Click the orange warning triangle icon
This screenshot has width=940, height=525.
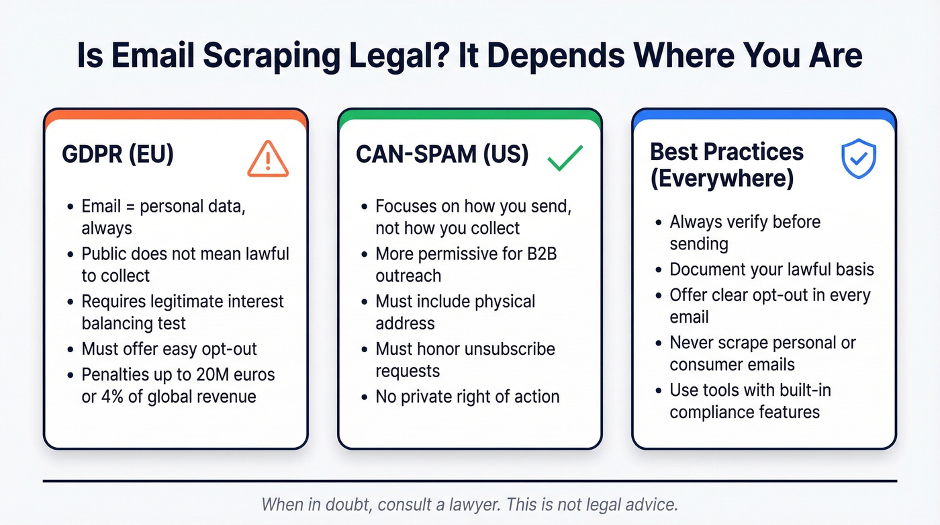point(267,159)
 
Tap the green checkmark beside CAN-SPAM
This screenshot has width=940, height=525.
point(565,157)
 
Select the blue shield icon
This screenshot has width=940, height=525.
point(859,159)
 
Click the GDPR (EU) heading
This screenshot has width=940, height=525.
point(117,154)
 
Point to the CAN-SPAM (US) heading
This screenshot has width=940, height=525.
point(442,154)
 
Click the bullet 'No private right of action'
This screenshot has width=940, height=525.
point(467,396)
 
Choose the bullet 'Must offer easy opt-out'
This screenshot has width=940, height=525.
point(169,349)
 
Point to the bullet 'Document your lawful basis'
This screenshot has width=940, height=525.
point(771,270)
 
